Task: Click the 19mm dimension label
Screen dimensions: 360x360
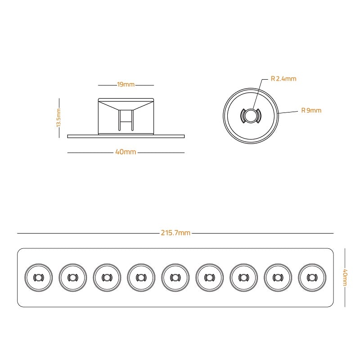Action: coord(126,85)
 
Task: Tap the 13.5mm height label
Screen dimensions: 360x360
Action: coord(58,118)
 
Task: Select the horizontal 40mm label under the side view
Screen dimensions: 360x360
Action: coord(126,152)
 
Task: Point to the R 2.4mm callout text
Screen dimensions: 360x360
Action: coord(283,79)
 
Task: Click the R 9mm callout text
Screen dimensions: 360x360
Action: coord(311,110)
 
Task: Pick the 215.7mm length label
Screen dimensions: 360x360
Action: coord(175,233)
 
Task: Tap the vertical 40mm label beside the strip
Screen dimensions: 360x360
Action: coord(345,278)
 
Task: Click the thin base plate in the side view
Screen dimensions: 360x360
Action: coord(126,136)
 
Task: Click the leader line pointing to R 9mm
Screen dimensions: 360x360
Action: coord(288,112)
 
